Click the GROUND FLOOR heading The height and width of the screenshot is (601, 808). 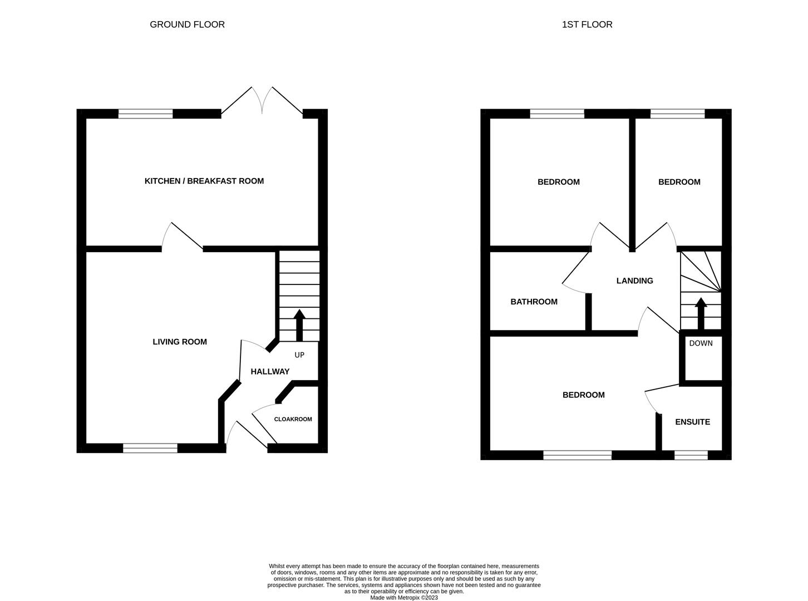tap(187, 24)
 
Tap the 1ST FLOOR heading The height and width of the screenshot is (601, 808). tap(587, 24)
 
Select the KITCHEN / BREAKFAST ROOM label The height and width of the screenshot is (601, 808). tap(204, 181)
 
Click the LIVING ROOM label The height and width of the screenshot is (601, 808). tap(180, 342)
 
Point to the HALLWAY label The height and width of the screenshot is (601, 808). tap(270, 372)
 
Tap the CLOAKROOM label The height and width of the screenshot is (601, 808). tap(293, 419)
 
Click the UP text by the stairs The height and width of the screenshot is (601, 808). tap(299, 354)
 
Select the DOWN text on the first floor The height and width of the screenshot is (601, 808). tap(701, 343)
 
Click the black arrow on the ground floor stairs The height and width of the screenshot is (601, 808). tap(299, 324)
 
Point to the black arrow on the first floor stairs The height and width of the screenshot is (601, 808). tap(701, 314)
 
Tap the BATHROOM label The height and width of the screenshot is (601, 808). tap(534, 302)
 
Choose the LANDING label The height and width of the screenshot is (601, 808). tap(634, 281)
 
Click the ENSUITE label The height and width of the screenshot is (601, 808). tap(692, 422)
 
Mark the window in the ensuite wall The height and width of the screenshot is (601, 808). tap(691, 455)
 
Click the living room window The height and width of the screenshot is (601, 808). tap(150, 448)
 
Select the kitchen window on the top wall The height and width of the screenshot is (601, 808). tap(146, 114)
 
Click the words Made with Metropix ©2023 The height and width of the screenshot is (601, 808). tap(404, 598)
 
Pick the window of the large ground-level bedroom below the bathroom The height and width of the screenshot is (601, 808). tap(577, 455)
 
